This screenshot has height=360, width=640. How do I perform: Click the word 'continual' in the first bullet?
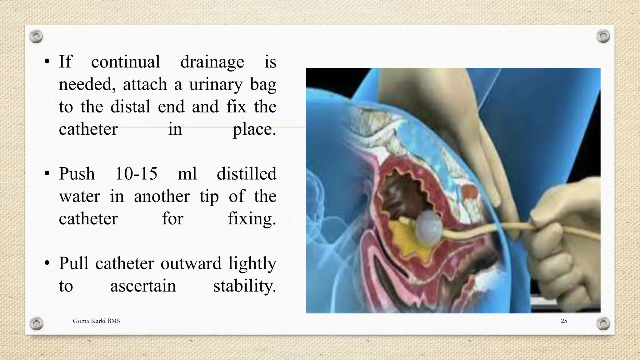pyautogui.click(x=125, y=62)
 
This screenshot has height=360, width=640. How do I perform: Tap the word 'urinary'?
pyautogui.click(x=215, y=85)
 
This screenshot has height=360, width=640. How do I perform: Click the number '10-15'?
pyautogui.click(x=136, y=174)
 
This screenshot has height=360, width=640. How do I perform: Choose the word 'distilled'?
pyautogui.click(x=246, y=174)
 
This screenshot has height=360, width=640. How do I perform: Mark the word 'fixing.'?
pyautogui.click(x=252, y=218)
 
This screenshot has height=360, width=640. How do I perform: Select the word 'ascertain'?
pyautogui.click(x=143, y=286)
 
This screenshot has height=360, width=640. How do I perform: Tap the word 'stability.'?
pyautogui.click(x=245, y=286)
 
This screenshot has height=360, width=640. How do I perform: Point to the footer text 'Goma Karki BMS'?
pyautogui.click(x=96, y=321)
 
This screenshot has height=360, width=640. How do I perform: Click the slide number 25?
pyautogui.click(x=564, y=321)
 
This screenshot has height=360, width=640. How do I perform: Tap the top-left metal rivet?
pyautogui.click(x=36, y=37)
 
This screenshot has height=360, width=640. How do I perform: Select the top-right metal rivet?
pyautogui.click(x=603, y=36)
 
